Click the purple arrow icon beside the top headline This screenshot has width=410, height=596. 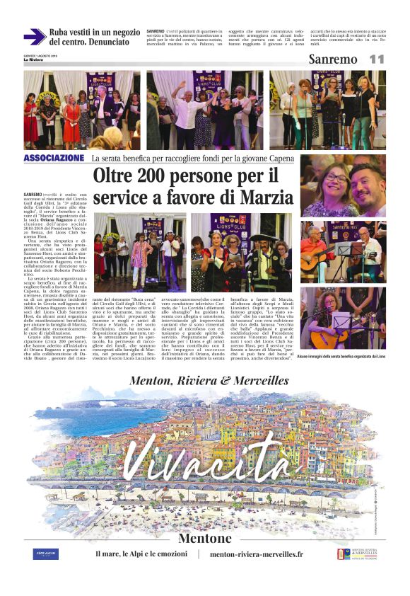(x=35, y=36)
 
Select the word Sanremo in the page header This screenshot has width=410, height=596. (x=333, y=59)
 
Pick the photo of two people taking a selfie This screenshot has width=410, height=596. (x=342, y=186)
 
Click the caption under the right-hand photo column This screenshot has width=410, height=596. (x=342, y=357)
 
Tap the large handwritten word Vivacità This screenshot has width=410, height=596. (x=211, y=459)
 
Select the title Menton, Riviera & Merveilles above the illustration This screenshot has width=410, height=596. (x=210, y=381)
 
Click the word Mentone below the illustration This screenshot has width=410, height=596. (x=206, y=539)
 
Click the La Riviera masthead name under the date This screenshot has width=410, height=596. (x=32, y=60)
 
